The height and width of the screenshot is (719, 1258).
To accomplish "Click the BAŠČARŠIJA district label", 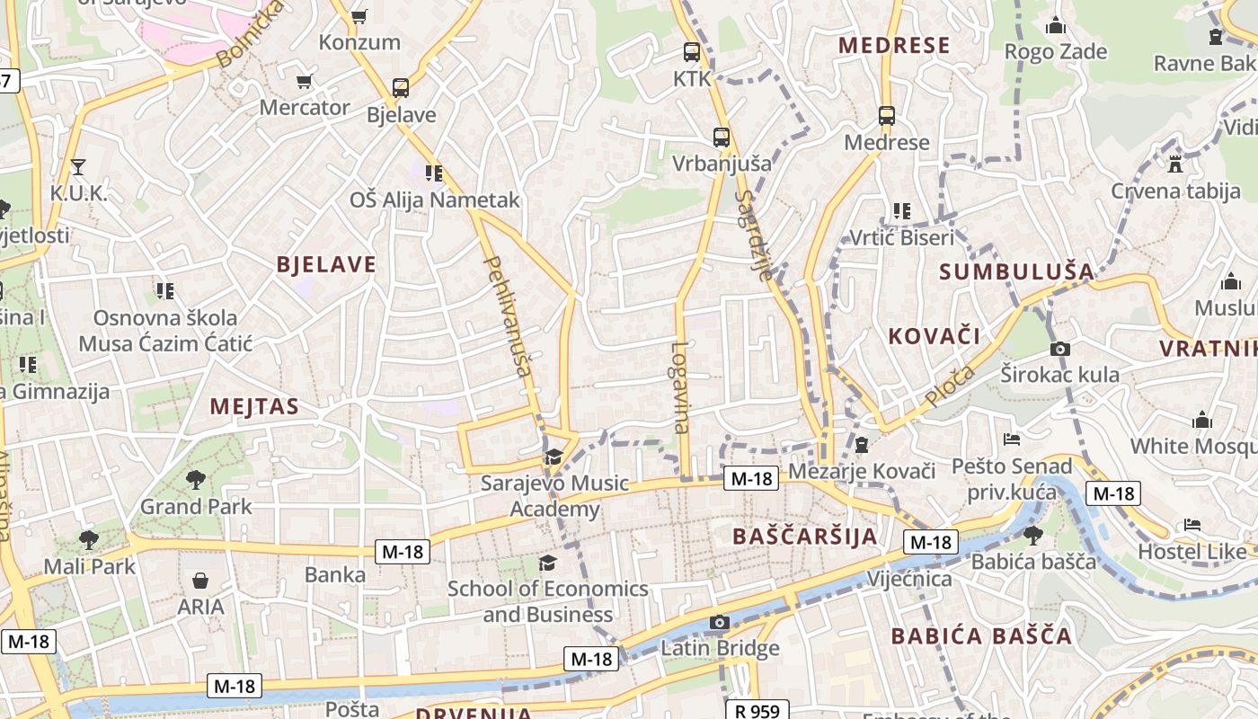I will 804,537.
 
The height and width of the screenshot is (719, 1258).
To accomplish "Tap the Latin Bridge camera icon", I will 719,622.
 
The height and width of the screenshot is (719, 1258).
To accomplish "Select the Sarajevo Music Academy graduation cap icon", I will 554,457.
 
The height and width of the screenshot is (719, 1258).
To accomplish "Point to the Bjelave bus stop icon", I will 401,88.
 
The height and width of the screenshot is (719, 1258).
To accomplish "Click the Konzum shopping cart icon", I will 359,16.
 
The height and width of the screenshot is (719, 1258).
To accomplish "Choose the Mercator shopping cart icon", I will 305,81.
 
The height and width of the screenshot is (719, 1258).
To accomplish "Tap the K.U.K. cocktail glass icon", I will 78,166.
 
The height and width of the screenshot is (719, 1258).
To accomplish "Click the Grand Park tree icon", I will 195,480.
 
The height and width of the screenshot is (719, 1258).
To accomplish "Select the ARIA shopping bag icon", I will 200,581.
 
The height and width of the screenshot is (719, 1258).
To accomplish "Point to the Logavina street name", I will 680,386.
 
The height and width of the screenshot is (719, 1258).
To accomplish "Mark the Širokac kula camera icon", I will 1060,349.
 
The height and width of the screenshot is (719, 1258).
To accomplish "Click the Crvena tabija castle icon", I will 1174,164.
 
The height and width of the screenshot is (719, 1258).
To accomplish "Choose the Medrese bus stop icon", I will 887,115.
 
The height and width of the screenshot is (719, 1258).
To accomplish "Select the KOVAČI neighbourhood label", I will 934,336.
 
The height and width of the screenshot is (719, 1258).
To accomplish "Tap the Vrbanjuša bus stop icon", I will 722,138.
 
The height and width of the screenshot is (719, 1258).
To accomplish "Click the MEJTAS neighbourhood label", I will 254,406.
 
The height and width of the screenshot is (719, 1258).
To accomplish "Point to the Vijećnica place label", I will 909,579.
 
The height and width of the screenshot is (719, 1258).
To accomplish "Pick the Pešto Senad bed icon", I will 1012,439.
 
